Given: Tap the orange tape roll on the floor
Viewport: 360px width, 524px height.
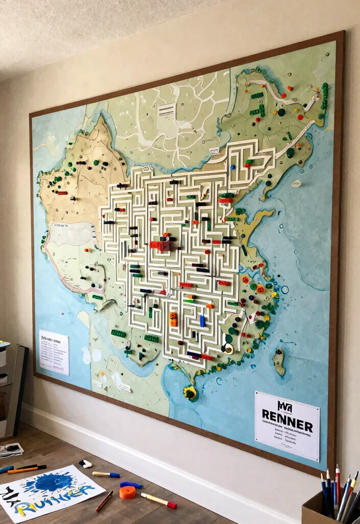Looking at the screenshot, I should tap(127, 492).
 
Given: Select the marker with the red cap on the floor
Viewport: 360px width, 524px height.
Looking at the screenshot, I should tap(158, 500).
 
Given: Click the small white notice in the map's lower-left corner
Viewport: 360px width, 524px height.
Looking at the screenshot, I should tap(54, 352).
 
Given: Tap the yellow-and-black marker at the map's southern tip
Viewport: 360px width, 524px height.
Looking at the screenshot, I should tap(190, 393).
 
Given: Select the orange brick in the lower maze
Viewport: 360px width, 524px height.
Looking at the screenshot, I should tap(173, 319).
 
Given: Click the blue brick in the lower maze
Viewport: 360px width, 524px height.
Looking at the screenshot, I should tap(202, 321).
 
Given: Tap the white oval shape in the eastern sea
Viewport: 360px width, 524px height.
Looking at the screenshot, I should tap(296, 183).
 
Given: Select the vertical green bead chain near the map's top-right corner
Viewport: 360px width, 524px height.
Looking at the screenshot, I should tap(324, 96).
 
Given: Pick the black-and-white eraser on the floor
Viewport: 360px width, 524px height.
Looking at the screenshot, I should tap(85, 464).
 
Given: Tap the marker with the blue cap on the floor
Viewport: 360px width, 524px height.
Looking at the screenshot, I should tap(106, 474).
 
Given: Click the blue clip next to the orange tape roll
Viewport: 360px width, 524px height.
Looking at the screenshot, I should tap(131, 485).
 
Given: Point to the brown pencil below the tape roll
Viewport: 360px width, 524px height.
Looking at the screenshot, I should tap(104, 501).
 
